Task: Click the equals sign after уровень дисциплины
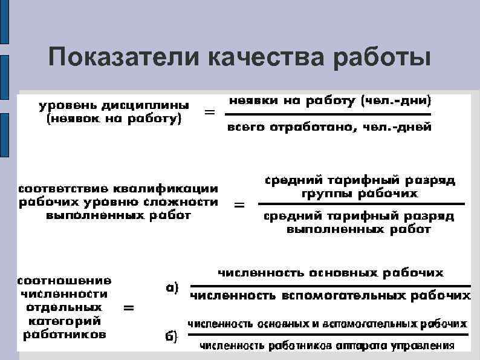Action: click(210, 113)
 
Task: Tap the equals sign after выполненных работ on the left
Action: click(239, 206)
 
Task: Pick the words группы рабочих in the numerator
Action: click(359, 194)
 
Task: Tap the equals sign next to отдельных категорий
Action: click(129, 308)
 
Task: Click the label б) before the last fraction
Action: click(172, 337)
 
